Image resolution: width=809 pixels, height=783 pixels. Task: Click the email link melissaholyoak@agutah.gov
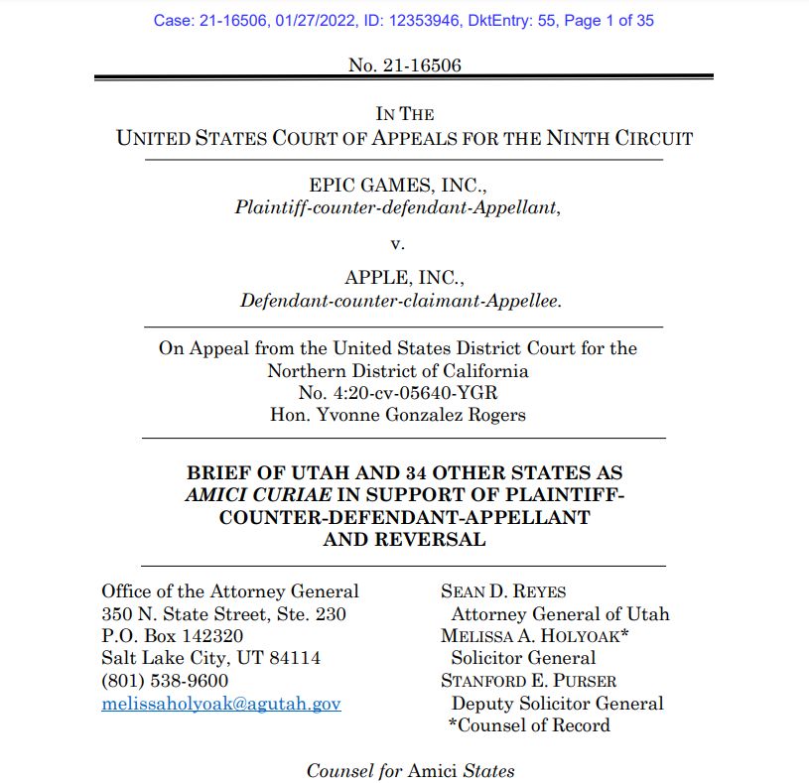(221, 704)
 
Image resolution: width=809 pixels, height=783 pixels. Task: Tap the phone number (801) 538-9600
(165, 681)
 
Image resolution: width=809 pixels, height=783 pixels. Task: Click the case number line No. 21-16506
(405, 65)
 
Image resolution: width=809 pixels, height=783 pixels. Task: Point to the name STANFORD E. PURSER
(529, 681)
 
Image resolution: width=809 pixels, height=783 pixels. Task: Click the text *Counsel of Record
(529, 725)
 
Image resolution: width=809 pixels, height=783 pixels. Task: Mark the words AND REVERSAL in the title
(404, 540)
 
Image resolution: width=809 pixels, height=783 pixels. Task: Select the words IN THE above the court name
(404, 114)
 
